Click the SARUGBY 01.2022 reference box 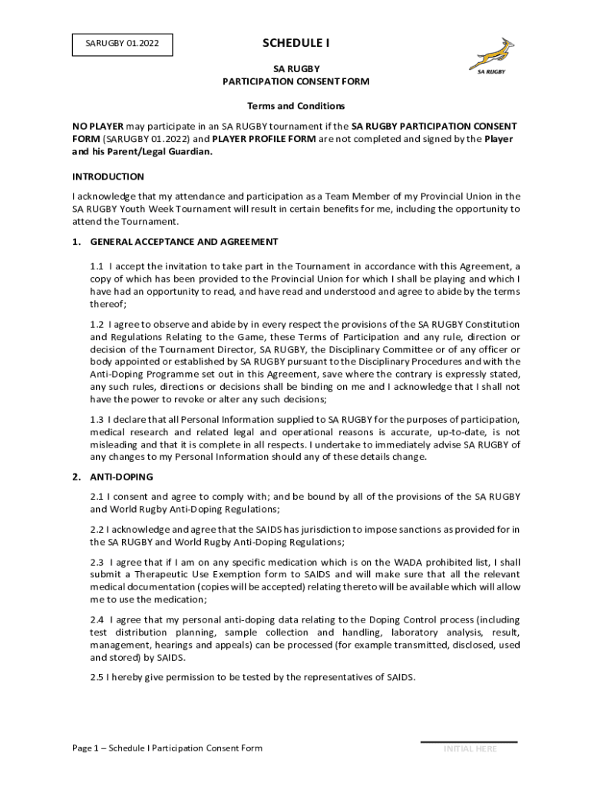(123, 45)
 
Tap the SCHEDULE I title (295, 43)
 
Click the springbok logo (491, 56)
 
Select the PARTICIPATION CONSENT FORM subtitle (295, 81)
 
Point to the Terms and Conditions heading (295, 106)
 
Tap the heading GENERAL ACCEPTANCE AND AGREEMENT (184, 242)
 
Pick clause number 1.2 (97, 325)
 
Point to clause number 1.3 (97, 419)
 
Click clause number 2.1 (97, 497)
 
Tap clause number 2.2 (97, 530)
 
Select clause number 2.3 (97, 562)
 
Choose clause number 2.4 (97, 619)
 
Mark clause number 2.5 (97, 677)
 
